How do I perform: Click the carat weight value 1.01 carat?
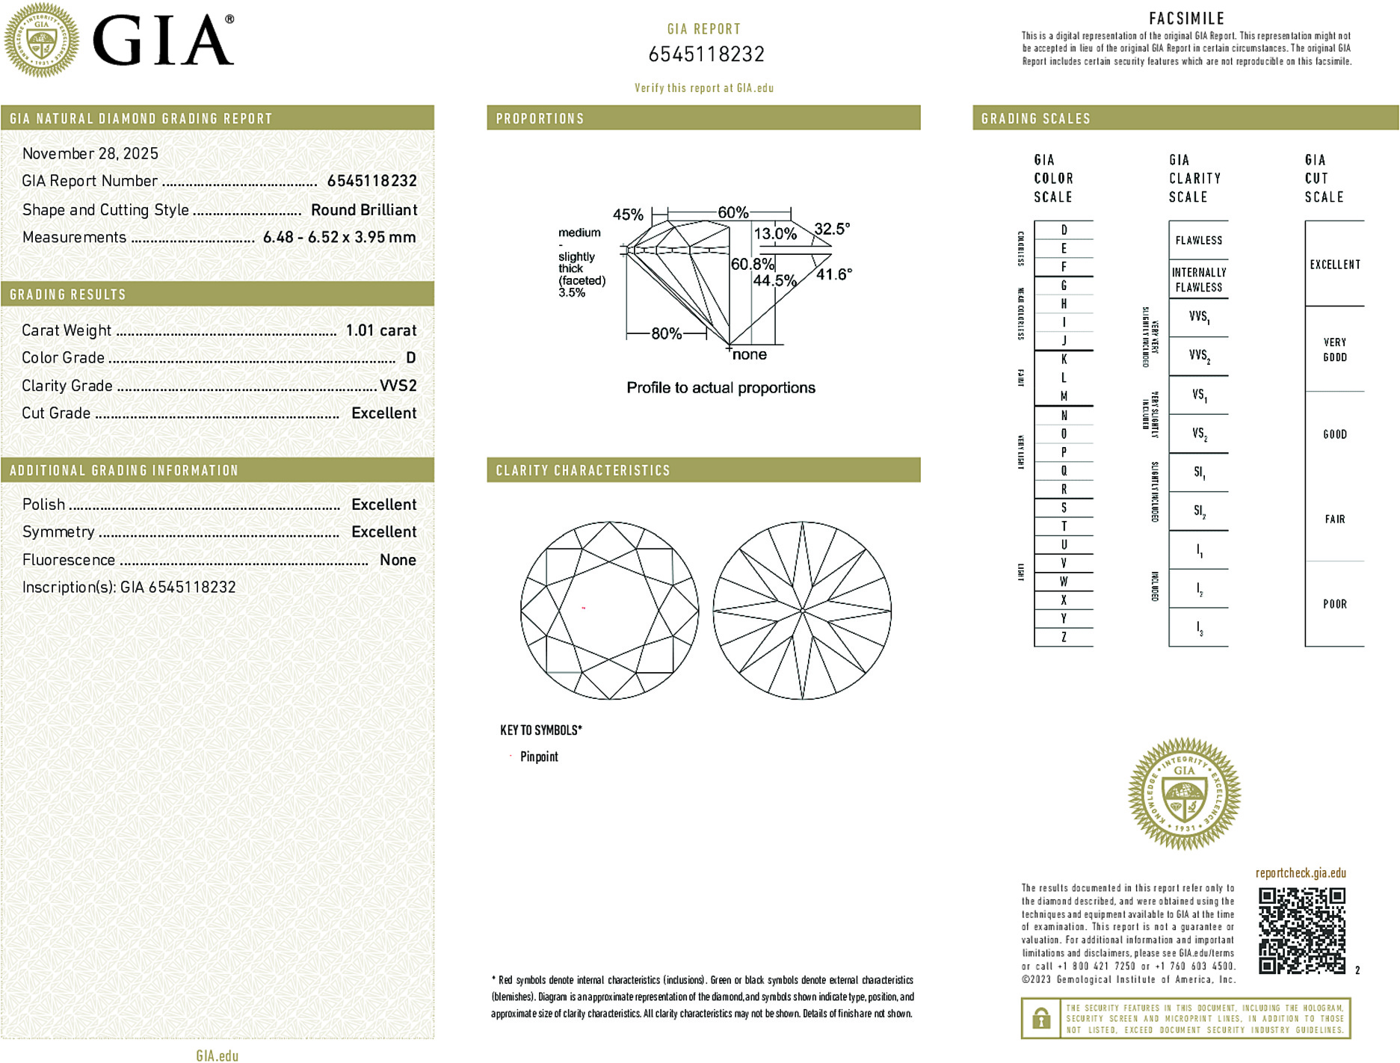tap(380, 330)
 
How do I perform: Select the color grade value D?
tap(410, 358)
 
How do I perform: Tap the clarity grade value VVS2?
tap(398, 386)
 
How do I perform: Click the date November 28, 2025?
tap(90, 153)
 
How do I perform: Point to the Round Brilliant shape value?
tap(364, 210)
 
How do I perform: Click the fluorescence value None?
tap(398, 560)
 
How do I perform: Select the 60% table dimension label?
tap(733, 212)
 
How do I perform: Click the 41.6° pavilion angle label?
tap(833, 274)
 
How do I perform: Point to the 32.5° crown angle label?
tap(832, 229)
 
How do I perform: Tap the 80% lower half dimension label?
tap(666, 333)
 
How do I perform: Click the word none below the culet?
tap(749, 354)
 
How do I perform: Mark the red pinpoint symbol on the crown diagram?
tap(584, 608)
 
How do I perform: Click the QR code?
tap(1301, 931)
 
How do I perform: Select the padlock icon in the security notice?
tap(1040, 1018)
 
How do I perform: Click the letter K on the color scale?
tap(1064, 360)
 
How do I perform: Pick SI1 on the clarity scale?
tap(1199, 472)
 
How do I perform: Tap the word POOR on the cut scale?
tap(1334, 604)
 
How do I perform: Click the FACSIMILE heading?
tap(1186, 19)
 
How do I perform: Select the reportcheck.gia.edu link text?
tap(1301, 873)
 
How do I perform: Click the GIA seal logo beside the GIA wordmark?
tap(41, 40)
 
